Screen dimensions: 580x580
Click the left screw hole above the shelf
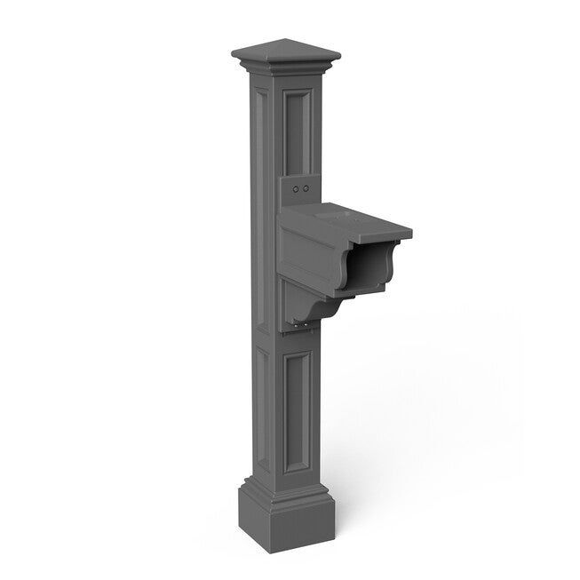298,188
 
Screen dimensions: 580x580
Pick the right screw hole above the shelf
307,189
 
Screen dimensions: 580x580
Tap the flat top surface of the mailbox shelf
351,218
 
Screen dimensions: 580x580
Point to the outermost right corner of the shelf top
411,234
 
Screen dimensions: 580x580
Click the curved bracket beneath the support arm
306,306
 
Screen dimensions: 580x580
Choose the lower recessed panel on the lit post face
298,404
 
